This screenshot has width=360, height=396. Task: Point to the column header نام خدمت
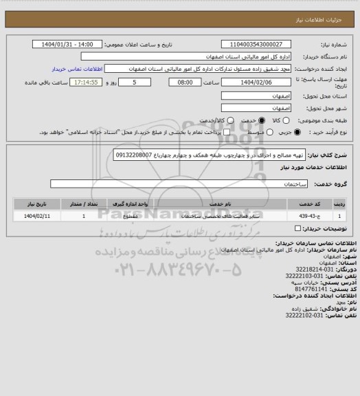[219, 204]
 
